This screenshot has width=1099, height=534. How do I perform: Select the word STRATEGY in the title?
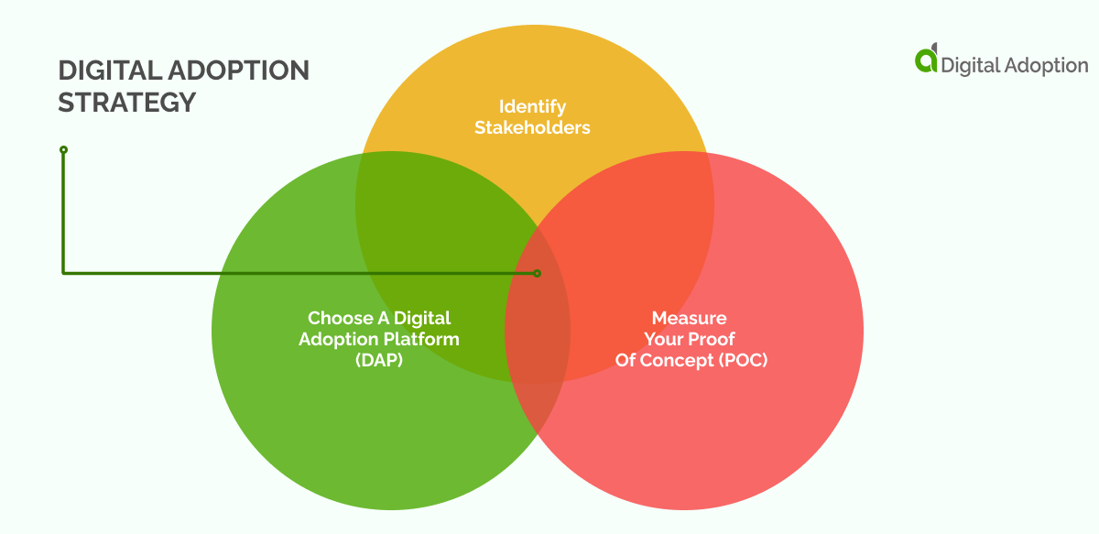127,103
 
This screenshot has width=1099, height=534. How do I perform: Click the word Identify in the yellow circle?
532,106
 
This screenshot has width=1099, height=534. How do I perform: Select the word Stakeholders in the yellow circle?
532,127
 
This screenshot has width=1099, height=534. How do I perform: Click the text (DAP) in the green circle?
379,361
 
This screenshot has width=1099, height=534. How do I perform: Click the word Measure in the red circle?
689,318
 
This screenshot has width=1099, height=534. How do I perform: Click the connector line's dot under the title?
63,149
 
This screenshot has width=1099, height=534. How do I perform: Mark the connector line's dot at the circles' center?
538,273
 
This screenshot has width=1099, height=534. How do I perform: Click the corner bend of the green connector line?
63,272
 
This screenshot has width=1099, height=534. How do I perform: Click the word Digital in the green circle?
426,318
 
